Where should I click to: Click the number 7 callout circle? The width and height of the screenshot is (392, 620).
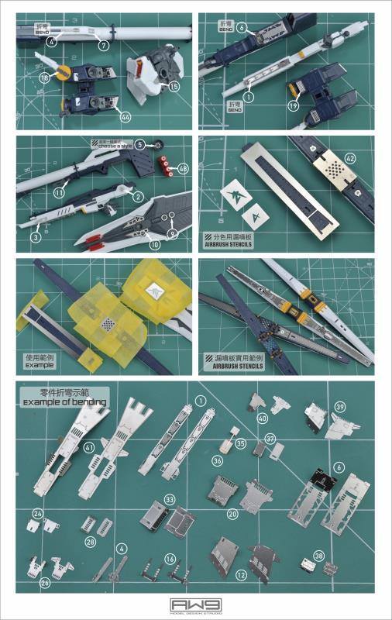click(x=104, y=46)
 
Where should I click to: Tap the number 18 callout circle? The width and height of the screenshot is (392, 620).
click(x=45, y=77)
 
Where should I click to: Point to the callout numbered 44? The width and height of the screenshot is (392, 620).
click(x=125, y=115)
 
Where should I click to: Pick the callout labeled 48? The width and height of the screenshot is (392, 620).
click(x=183, y=168)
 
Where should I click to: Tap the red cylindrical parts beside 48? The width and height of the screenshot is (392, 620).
click(x=163, y=166)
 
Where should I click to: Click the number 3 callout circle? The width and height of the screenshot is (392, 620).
click(x=36, y=237)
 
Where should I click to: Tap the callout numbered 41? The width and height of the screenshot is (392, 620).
click(x=88, y=448)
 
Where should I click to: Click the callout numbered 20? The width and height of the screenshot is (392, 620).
click(x=232, y=513)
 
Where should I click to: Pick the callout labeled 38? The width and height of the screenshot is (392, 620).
click(x=319, y=556)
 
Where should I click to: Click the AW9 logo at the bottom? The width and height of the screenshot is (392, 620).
click(x=196, y=605)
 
